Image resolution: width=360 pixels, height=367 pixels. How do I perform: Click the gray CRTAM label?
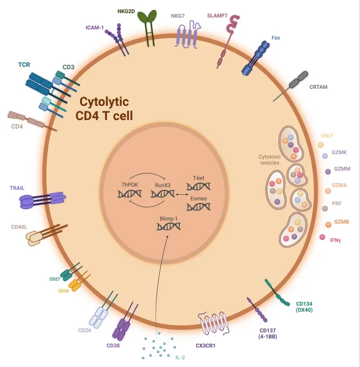point(318,87)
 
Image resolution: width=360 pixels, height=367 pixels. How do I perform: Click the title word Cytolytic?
point(104,102)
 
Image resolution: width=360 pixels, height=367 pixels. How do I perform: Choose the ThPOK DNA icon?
point(129,194)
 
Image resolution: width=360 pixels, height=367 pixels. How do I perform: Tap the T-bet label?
point(198,178)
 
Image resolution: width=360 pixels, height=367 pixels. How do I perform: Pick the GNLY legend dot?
point(321,145)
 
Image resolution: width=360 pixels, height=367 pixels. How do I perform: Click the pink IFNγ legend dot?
point(322,237)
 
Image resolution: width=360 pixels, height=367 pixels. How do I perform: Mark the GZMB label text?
point(341,222)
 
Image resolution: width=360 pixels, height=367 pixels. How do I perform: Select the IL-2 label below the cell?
point(180,357)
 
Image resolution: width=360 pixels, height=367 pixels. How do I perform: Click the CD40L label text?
point(20,227)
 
